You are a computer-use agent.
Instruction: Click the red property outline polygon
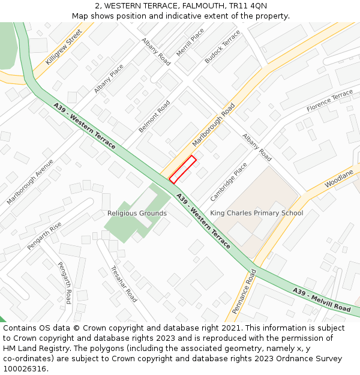coord(182,169)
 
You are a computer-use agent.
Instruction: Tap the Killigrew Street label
coord(64,47)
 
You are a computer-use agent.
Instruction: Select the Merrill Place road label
coord(190,42)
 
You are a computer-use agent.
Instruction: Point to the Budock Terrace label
coord(222,47)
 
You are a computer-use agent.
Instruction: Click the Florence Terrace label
coord(330,101)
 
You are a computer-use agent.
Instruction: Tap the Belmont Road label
coord(154,116)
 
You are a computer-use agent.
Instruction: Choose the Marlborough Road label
coord(214,125)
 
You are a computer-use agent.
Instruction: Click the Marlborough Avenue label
coord(30,181)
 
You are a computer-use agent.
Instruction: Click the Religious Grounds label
coord(137,213)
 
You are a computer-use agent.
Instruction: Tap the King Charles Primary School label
coord(256,213)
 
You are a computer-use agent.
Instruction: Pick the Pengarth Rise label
coord(44,236)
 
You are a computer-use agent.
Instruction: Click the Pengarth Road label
coord(65,283)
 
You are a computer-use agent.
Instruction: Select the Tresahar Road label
coord(124,284)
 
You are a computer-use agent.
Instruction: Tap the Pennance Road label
coord(244,292)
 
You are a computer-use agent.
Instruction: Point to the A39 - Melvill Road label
coord(322,299)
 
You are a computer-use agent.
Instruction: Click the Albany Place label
coord(109,79)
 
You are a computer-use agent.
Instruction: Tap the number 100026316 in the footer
coord(24,368)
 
